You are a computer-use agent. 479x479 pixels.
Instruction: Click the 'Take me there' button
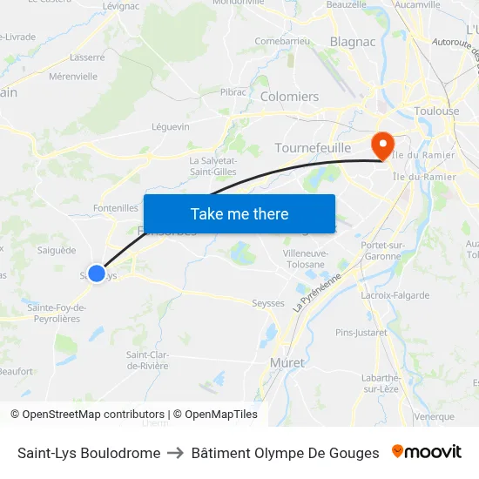tap(239, 213)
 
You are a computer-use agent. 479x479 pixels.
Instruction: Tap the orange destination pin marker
tap(382, 145)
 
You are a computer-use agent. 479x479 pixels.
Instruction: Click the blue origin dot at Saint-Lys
tap(97, 273)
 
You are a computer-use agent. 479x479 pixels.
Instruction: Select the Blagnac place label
tap(353, 41)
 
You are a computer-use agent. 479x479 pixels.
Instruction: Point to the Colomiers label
tap(290, 97)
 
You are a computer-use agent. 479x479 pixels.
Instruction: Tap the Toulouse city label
tap(437, 111)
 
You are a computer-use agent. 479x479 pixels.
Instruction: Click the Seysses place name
tap(267, 303)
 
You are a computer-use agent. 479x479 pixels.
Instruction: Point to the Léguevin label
tap(171, 126)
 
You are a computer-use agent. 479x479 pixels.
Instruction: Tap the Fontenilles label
tap(115, 208)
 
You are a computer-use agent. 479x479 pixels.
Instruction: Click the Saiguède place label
tap(57, 250)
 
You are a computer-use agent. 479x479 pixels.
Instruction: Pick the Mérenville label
tap(74, 77)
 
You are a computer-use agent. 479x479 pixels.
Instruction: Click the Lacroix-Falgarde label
tap(395, 295)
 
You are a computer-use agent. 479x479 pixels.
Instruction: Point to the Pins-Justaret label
tap(361, 333)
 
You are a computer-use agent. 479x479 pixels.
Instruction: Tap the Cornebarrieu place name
tap(284, 41)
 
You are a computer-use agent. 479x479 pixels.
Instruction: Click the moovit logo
tap(426, 452)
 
